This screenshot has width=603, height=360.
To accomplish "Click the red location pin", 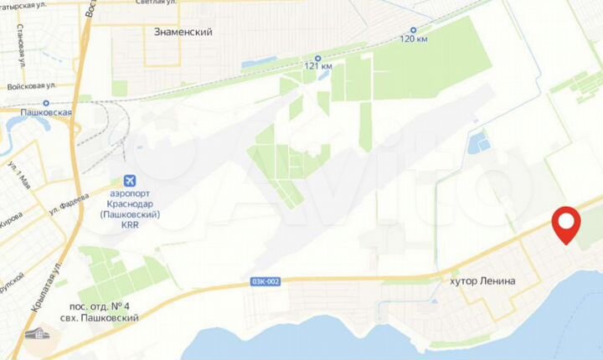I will point(567,224).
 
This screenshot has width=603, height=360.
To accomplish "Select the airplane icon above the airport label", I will point(129,180).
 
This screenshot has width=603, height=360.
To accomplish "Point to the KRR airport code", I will point(129,226).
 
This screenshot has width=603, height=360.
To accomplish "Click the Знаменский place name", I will point(183,32).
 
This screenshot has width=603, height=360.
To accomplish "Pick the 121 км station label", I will point(317,66).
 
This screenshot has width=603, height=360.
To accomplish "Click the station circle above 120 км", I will point(413,28).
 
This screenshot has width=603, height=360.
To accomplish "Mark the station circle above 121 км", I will point(317,55).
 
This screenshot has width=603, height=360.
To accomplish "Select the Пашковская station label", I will point(47,111).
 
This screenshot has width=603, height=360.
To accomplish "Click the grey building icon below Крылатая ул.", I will point(38,334).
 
